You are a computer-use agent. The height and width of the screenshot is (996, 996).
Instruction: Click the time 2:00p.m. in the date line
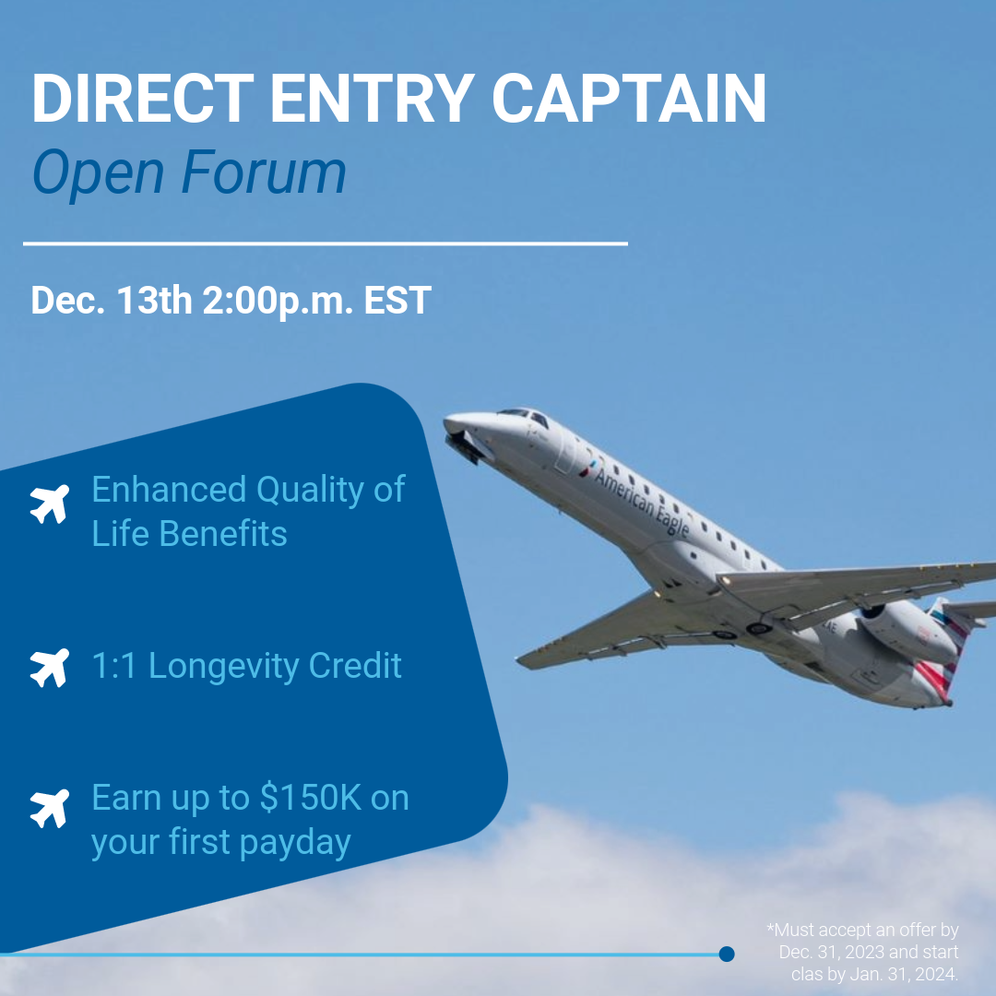pos(274,302)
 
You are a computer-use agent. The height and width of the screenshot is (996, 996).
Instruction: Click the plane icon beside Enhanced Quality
pos(50,504)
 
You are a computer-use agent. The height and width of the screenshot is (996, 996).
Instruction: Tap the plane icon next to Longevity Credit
pos(50,668)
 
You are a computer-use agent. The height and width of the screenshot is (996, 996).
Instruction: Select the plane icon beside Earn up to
pos(50,809)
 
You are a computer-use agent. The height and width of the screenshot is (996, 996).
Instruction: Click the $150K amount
pos(306,798)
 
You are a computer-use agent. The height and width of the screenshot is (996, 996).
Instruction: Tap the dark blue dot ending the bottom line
pos(727,954)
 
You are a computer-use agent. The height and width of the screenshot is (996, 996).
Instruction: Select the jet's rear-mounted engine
pos(907,631)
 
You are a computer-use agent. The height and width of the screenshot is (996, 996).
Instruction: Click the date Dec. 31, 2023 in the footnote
pos(868,952)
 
